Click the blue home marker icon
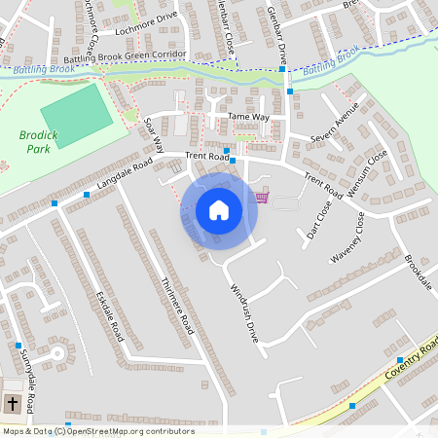coord(219,210)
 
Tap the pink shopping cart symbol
coord(261,198)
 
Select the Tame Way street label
coord(248,117)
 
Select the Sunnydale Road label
coord(29,386)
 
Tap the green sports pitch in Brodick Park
coord(76,115)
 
